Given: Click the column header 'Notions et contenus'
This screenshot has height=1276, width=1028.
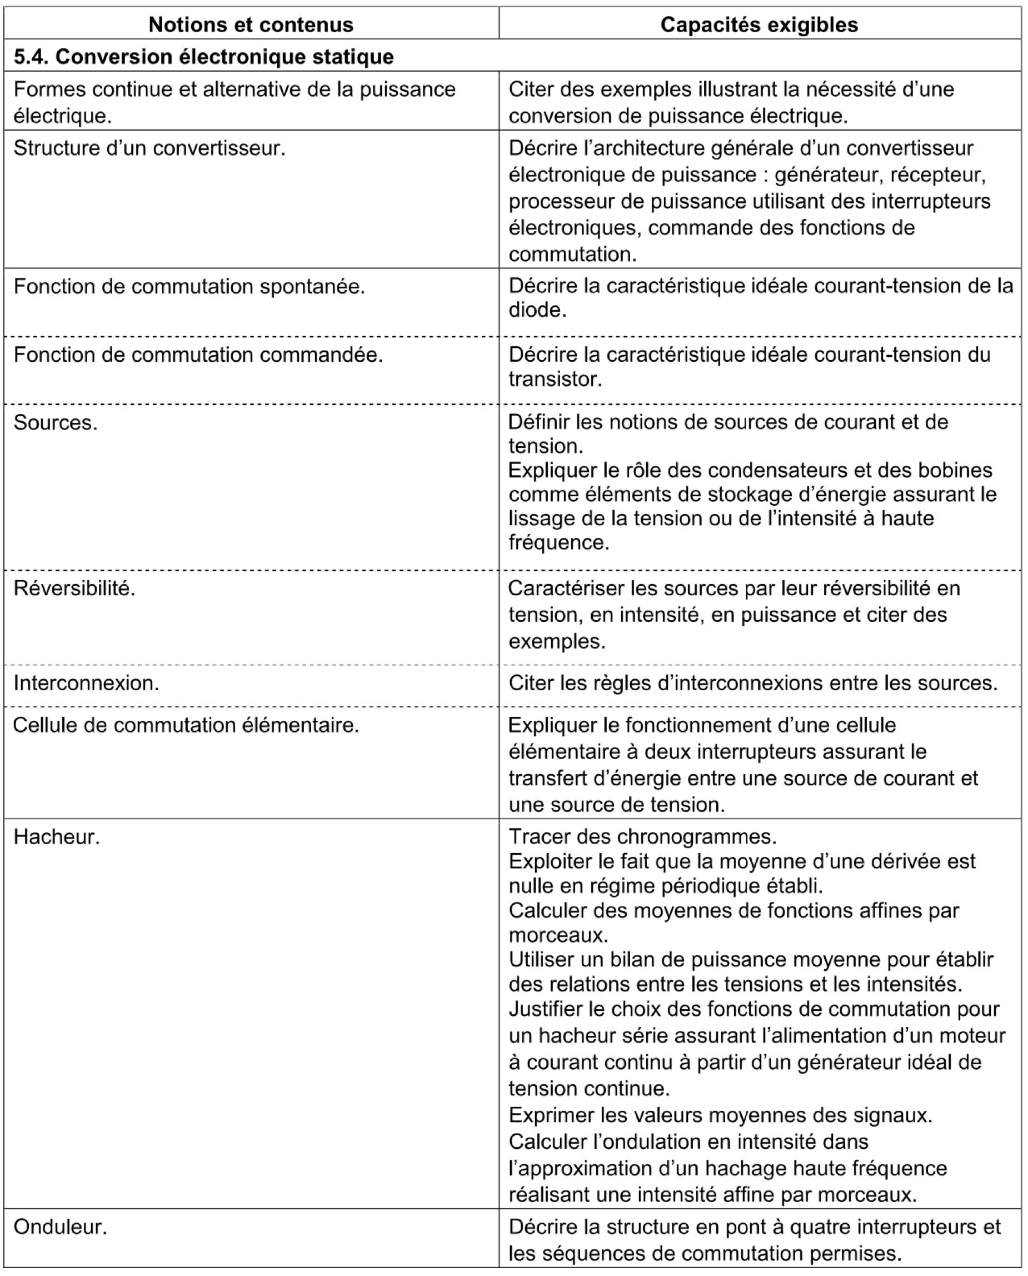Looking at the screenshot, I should point(251,25).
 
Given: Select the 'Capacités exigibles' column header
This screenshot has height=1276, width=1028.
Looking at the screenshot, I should point(759,25).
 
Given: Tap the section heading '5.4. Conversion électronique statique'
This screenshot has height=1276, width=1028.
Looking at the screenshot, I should point(203,57).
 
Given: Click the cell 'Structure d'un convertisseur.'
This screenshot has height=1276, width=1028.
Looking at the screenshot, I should point(149,148).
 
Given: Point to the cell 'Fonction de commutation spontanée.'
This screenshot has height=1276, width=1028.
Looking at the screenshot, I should point(189,287).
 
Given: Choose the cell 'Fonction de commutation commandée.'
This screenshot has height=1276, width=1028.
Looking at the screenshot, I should point(198,355).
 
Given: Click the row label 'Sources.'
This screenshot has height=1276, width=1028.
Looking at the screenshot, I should point(55,423).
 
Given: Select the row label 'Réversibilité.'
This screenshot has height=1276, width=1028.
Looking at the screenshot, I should point(74,589).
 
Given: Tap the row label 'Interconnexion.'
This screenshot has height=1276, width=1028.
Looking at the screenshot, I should point(86,684).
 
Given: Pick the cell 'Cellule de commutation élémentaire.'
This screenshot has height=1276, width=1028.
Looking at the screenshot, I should point(186,725).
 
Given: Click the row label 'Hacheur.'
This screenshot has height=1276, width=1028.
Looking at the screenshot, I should point(56,836).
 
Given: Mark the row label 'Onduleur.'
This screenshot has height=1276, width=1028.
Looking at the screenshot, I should point(60,1227).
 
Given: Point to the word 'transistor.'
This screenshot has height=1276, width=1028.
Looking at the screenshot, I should point(555,379).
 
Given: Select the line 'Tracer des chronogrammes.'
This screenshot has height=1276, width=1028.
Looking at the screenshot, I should point(642,836).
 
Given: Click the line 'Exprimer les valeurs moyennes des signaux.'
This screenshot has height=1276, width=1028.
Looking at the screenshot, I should point(720,1115).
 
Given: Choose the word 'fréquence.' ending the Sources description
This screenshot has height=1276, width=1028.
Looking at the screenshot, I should point(558,542).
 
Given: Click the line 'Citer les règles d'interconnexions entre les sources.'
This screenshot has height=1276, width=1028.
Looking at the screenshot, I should point(752,684).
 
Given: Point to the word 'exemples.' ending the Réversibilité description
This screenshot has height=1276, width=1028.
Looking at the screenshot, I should point(557,642).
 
